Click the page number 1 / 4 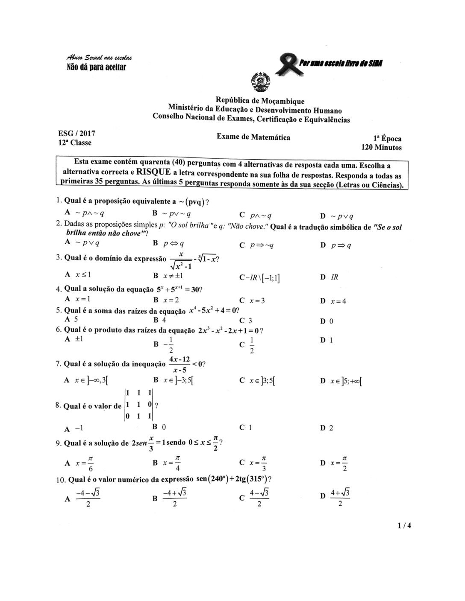403,525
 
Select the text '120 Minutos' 382,148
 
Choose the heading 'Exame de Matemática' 253,137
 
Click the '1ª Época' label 387,139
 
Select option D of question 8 327,428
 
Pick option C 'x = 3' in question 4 253,300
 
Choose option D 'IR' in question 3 330,277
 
